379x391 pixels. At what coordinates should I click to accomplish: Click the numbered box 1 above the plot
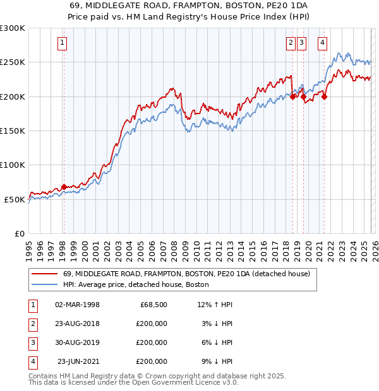point(63,43)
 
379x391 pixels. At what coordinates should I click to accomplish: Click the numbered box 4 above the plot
point(322,43)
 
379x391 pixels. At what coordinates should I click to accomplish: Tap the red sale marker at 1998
point(64,187)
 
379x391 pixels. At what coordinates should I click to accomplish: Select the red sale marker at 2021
point(324,96)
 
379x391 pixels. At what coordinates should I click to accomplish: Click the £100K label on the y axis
point(13,165)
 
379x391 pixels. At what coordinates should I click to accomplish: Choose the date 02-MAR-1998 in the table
point(77,305)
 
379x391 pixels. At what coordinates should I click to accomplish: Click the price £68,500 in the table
point(153,305)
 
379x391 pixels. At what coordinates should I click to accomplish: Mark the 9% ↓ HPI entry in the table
point(217,361)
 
